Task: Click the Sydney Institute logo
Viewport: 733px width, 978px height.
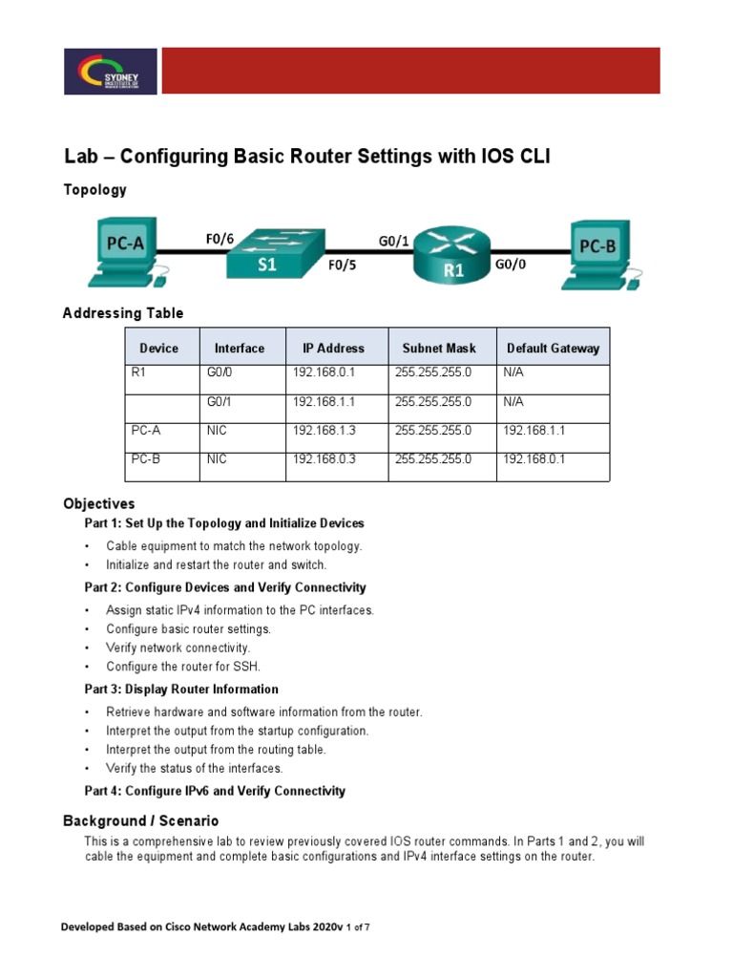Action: (111, 72)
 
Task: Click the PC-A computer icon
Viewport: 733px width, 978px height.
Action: (125, 250)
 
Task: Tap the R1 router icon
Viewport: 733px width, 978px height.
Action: (454, 254)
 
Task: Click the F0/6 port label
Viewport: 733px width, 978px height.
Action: (220, 239)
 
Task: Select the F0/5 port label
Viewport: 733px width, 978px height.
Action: (342, 266)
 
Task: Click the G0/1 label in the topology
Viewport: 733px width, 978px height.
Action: (394, 242)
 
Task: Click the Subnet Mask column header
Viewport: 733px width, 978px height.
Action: (438, 349)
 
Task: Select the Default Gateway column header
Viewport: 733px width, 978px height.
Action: (553, 349)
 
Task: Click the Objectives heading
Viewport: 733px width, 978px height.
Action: (99, 503)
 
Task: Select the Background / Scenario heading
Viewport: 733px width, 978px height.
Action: (140, 820)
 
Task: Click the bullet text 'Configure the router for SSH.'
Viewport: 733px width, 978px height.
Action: (183, 667)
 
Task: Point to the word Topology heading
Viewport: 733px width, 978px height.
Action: (94, 190)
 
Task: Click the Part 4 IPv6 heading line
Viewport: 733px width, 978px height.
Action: (215, 791)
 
